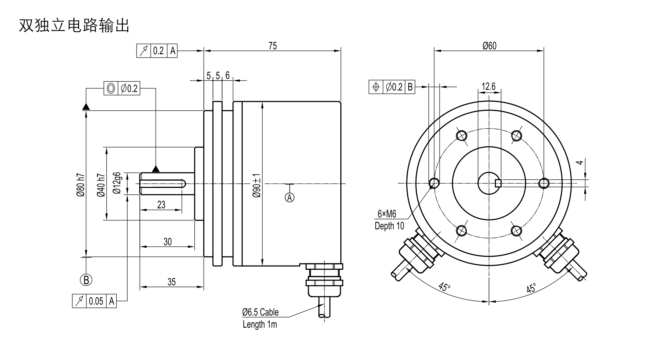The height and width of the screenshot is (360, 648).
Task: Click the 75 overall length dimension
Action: tap(273, 46)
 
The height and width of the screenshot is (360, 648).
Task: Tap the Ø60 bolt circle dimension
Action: tap(489, 46)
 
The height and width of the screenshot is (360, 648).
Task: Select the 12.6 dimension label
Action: tap(489, 86)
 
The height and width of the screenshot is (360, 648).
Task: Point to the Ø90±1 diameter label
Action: tap(257, 185)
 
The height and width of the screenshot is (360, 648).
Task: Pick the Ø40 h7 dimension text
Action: tap(101, 185)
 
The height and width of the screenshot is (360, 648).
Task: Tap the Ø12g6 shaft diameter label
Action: tap(117, 183)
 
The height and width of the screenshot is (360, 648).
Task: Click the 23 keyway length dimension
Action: tap(161, 205)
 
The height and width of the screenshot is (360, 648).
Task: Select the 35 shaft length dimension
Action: tap(172, 282)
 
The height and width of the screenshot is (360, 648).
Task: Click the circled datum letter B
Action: tap(86, 280)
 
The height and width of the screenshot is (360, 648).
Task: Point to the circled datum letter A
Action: tap(289, 197)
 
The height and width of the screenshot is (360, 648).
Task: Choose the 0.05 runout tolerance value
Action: tap(96, 301)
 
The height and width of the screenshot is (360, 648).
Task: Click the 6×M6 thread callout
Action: tap(387, 214)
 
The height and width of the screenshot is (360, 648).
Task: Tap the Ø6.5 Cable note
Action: tap(260, 312)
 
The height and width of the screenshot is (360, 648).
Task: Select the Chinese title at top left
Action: tap(74, 26)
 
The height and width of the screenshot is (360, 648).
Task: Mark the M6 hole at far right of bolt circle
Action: tap(544, 183)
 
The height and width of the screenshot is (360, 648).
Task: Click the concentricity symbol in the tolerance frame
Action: tap(111, 89)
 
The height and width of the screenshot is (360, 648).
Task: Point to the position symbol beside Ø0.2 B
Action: tap(376, 87)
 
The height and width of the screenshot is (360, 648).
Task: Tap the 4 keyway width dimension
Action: tap(580, 162)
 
